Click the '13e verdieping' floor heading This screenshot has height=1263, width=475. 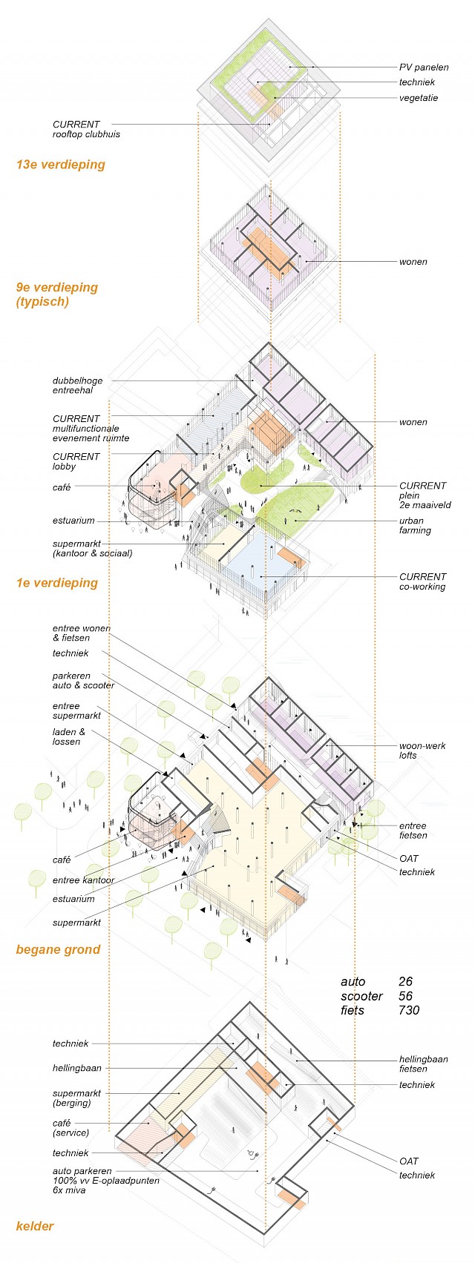pyautogui.click(x=60, y=165)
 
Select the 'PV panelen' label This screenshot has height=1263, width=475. pyautogui.click(x=423, y=67)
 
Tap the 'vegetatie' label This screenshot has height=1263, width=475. pyautogui.click(x=419, y=98)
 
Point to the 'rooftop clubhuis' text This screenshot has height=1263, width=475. pyautogui.click(x=86, y=134)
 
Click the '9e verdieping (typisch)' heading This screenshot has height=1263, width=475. pyautogui.click(x=56, y=294)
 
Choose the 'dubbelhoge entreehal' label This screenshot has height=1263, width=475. pyautogui.click(x=77, y=386)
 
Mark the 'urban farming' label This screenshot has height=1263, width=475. pyautogui.click(x=415, y=526)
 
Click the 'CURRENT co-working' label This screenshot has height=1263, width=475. pyautogui.click(x=422, y=581)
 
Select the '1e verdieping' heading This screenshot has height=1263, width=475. pyautogui.click(x=56, y=583)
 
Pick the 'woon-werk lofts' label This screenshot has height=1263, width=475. pyautogui.click(x=422, y=751)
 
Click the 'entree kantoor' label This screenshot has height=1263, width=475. pyautogui.click(x=83, y=880)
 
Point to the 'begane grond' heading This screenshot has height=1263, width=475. pyautogui.click(x=58, y=950)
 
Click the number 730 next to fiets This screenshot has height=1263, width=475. pyautogui.click(x=408, y=1010)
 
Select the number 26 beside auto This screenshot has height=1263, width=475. pyautogui.click(x=405, y=982)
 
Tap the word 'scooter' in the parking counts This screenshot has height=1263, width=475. pyautogui.click(x=361, y=996)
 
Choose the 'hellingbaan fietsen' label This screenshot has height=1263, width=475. pyautogui.click(x=423, y=1064)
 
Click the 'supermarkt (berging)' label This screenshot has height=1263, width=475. pyautogui.click(x=76, y=1098)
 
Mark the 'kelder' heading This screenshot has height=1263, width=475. pyautogui.click(x=35, y=1227)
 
